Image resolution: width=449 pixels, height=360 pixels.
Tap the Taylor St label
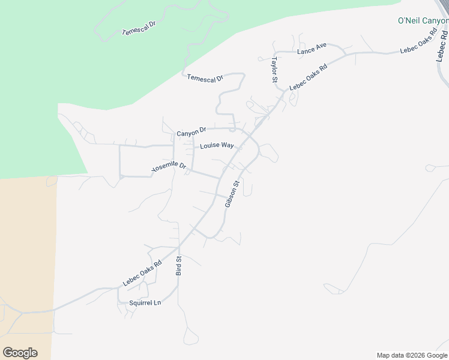pyautogui.click(x=274, y=70)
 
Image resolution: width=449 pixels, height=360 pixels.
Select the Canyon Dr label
pyautogui.click(x=191, y=131)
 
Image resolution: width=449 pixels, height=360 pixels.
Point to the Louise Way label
pyautogui.click(x=217, y=145)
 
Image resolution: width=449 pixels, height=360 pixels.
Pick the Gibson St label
pyautogui.click(x=232, y=194)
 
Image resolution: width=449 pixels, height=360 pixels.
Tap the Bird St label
pyautogui.click(x=178, y=265)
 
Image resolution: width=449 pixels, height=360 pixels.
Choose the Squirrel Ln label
pyautogui.click(x=145, y=303)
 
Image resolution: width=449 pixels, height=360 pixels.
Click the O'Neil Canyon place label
pyautogui.click(x=423, y=20)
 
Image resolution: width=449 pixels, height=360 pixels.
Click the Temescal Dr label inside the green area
pyautogui.click(x=139, y=28)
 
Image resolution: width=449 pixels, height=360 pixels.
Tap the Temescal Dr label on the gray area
pyautogui.click(x=205, y=78)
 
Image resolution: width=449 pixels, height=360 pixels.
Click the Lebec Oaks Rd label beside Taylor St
pyautogui.click(x=309, y=77)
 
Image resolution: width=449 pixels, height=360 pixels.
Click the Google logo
pyautogui.click(x=20, y=353)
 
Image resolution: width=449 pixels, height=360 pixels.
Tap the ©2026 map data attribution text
pyautogui.click(x=412, y=355)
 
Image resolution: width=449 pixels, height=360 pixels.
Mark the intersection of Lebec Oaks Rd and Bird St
pyautogui.click(x=179, y=246)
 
